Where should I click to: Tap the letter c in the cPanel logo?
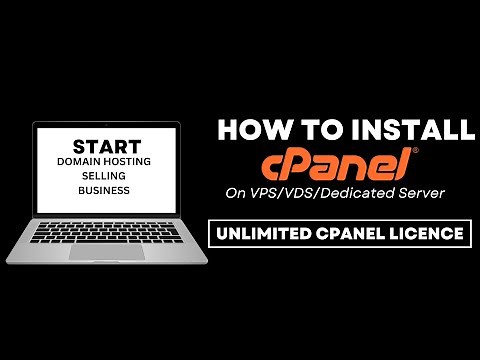coord(273,164)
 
